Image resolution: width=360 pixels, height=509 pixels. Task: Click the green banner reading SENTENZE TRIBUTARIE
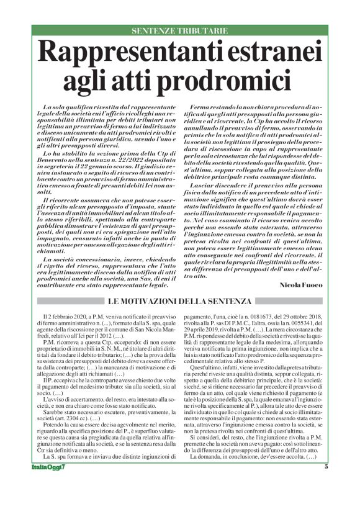180,30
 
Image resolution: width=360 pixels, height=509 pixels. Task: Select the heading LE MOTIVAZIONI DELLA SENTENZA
180,302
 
